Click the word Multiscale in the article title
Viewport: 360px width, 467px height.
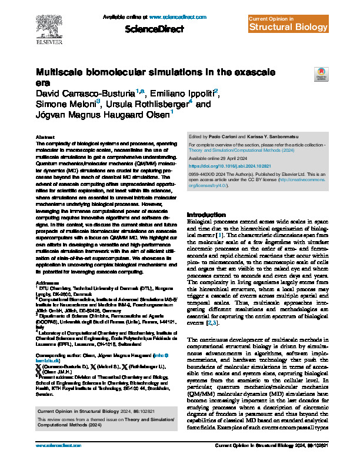point(64,72)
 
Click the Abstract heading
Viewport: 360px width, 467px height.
point(45,136)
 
